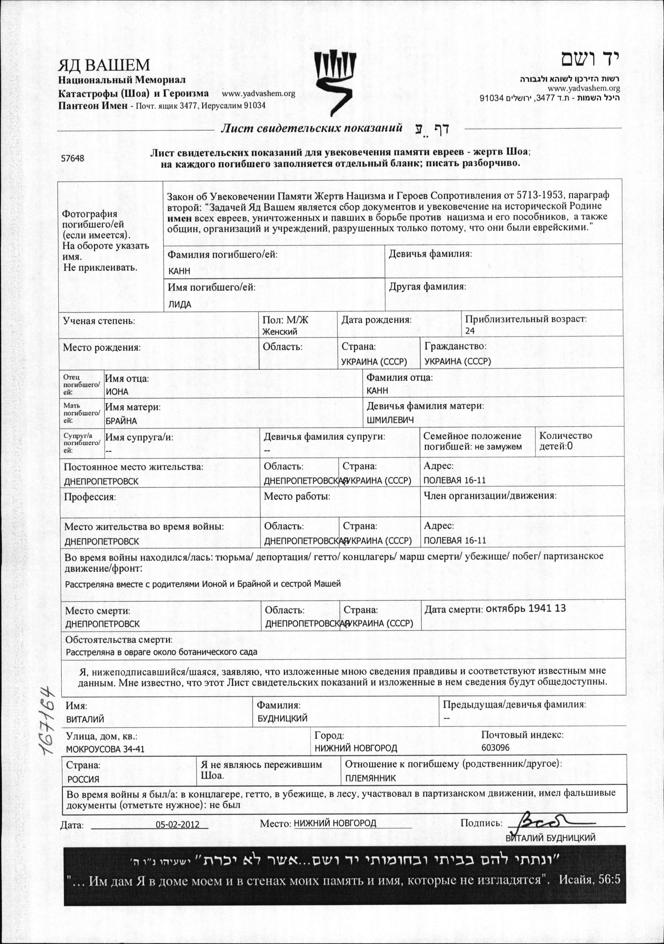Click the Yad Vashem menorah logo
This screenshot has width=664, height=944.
[334, 83]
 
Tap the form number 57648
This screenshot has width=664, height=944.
[73, 158]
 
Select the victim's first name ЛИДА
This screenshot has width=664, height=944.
[180, 305]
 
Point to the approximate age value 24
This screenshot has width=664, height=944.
[470, 330]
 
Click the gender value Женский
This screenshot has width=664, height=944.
[280, 331]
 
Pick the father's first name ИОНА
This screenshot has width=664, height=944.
[117, 391]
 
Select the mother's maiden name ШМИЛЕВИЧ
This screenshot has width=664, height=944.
[390, 420]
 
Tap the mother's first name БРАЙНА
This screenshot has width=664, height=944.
[121, 421]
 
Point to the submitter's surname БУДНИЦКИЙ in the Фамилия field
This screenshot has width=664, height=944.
[282, 718]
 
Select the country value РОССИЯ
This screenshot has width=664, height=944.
[84, 779]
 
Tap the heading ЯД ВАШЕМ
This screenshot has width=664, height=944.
[104, 65]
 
